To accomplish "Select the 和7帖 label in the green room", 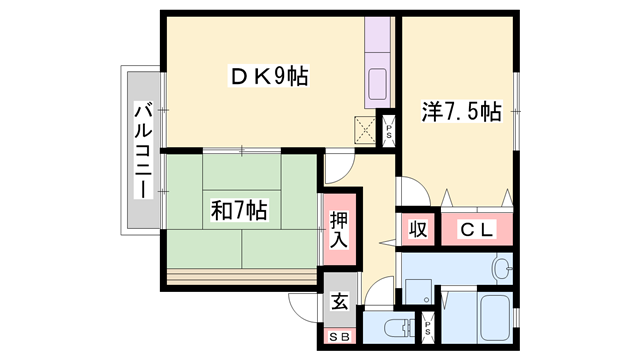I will (238, 211).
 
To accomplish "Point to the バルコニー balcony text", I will (142, 151).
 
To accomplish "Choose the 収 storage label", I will (418, 228).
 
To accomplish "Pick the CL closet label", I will (475, 228).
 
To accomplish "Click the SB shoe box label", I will (340, 337).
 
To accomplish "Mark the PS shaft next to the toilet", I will (428, 324).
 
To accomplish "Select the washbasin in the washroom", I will (503, 268).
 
